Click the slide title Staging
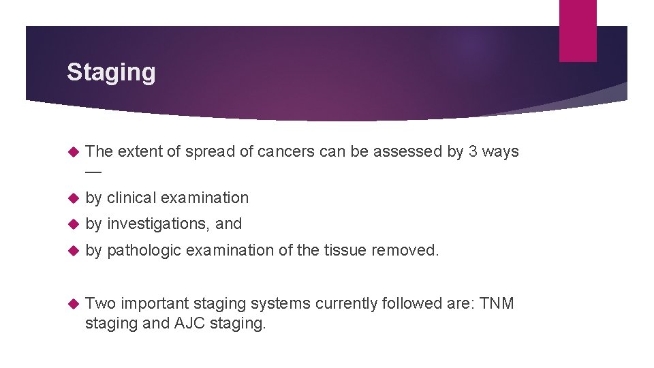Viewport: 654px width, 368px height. pyautogui.click(x=111, y=72)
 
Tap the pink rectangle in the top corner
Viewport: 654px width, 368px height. pyautogui.click(x=578, y=30)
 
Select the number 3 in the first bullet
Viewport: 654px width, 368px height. pyautogui.click(x=473, y=151)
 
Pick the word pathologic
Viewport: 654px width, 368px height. pyautogui.click(x=144, y=250)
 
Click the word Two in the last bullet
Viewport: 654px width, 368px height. pyautogui.click(x=101, y=303)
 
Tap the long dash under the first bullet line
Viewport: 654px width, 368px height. pyautogui.click(x=93, y=171)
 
